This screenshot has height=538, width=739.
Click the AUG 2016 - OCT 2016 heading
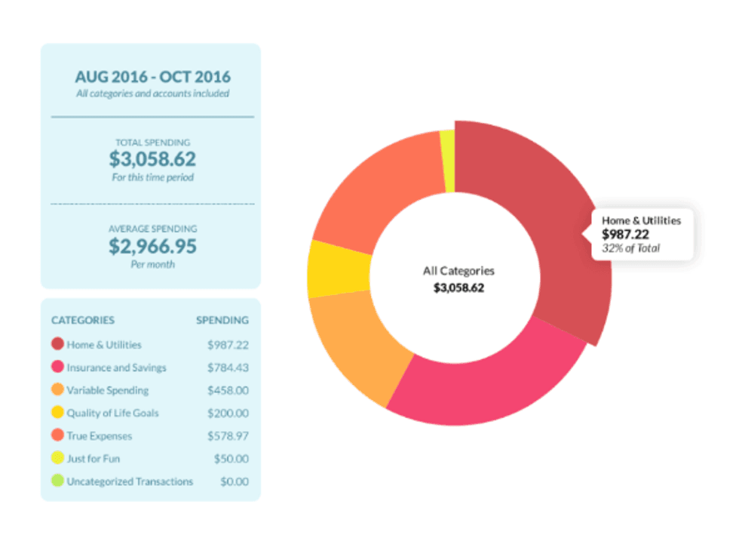(152, 77)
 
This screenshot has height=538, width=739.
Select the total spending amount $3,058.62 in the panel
(152, 159)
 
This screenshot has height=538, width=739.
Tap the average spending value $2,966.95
(152, 246)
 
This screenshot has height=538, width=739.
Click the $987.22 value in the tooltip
(625, 235)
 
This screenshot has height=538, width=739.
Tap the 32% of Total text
(630, 248)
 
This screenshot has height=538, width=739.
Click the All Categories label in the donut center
(458, 271)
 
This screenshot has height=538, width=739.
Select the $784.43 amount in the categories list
(228, 367)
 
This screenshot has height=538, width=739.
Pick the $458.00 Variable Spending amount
(228, 390)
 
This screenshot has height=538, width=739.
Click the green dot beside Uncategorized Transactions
(57, 481)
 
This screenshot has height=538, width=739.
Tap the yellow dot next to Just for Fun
(57, 459)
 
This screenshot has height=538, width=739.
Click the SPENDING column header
(222, 320)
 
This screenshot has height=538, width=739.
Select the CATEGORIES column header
(83, 320)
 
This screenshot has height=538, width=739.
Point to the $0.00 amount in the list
(235, 481)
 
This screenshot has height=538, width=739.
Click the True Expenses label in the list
(99, 436)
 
